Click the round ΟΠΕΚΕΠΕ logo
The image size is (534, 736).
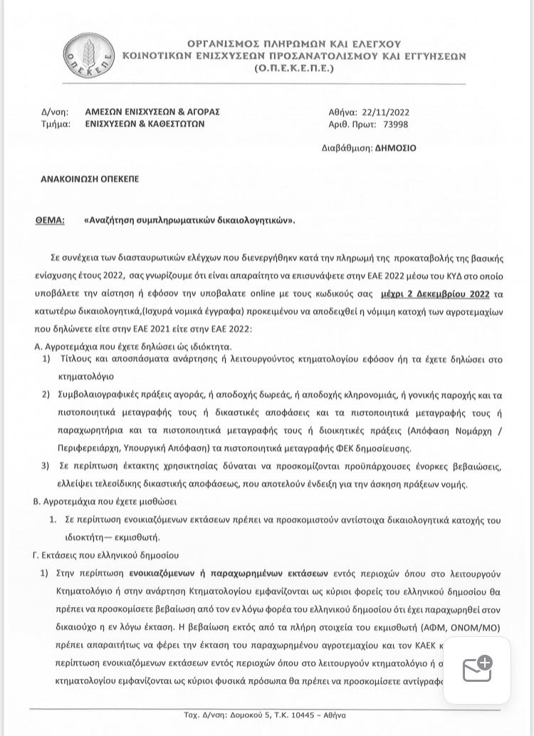(88, 56)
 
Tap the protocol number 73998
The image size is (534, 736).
(395, 124)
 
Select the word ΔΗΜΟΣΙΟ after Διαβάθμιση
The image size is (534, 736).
(395, 148)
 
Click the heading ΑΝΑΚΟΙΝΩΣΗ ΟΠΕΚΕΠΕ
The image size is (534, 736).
(90, 179)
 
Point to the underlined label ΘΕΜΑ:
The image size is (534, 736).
(50, 220)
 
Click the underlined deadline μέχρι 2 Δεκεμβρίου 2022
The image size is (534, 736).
(444, 294)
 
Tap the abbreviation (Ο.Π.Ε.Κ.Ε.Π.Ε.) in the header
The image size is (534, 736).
(293, 68)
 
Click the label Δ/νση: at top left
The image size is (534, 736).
(55, 112)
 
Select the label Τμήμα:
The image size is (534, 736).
(56, 123)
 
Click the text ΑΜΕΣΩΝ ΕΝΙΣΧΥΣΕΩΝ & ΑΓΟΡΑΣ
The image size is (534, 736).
(152, 112)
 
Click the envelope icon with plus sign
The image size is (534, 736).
(477, 670)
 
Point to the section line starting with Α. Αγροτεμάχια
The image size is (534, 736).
(132, 346)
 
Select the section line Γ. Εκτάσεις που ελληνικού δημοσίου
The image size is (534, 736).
(106, 555)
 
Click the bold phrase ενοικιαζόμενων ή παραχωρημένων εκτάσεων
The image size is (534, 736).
(229, 573)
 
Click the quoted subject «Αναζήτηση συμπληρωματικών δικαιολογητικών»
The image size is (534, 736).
(189, 220)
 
